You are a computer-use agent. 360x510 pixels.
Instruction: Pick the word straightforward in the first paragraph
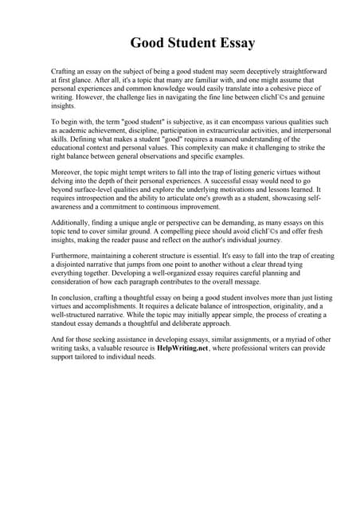pyautogui.click(x=299, y=72)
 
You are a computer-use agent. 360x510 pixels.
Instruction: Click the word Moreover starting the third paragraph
pyautogui.click(x=67, y=171)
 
